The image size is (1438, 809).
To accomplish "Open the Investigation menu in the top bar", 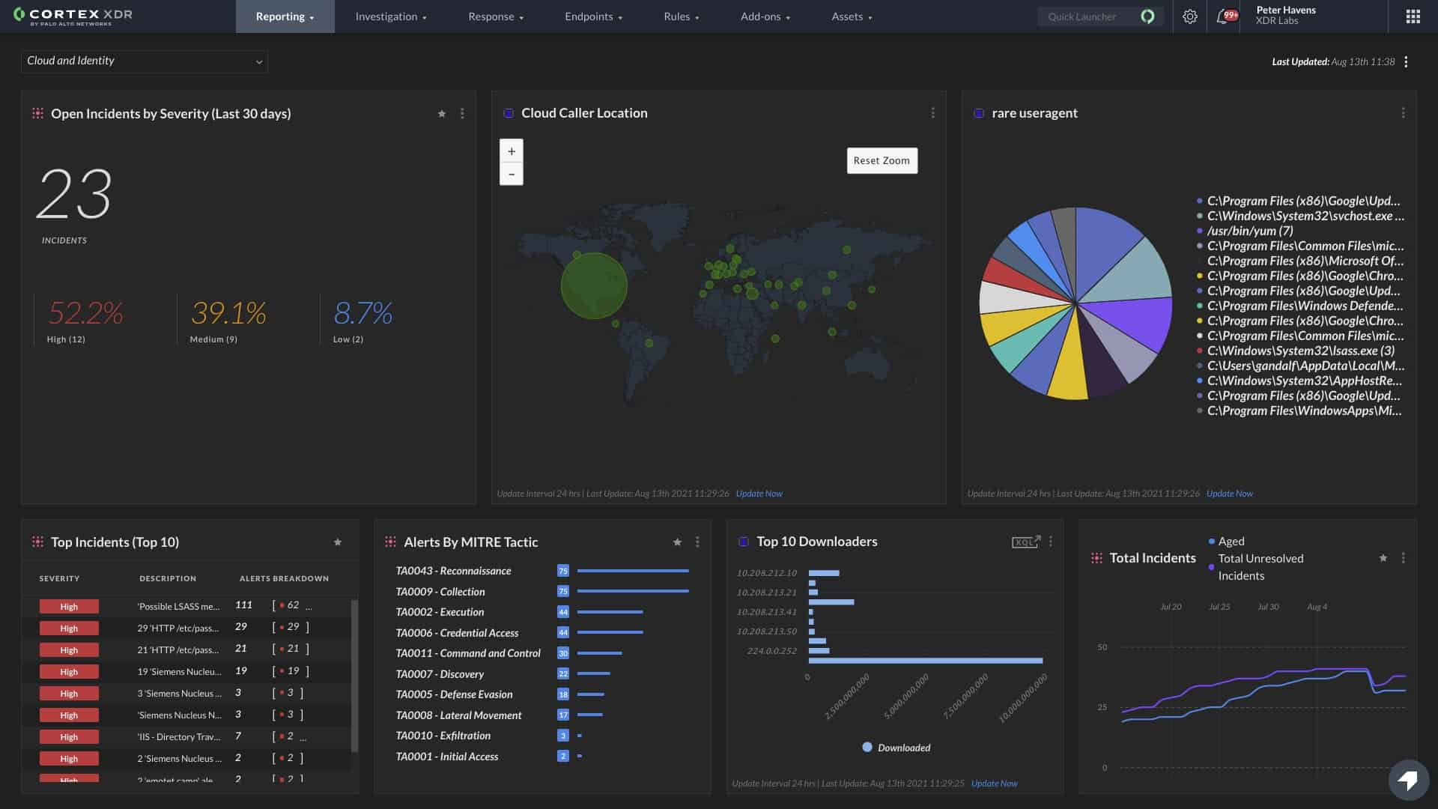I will pos(390,16).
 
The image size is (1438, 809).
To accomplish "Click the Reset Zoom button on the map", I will pos(882,160).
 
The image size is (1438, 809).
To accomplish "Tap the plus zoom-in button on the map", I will pos(512,151).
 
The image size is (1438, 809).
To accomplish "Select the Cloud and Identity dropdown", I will pos(144,61).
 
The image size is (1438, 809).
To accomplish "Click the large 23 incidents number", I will pos(74,194).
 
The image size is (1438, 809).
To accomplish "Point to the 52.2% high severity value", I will pos(85,313).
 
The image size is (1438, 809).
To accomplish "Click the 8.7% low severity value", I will pos(362,313).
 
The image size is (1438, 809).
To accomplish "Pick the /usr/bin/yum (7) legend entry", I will pos(1249,231).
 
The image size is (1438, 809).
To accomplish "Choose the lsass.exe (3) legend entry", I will pos(1300,351).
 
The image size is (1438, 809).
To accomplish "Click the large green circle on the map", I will pos(594,285).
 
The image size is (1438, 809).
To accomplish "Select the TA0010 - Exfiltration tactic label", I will pos(443,736).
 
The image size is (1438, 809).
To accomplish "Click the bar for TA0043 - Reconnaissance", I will pos(632,571).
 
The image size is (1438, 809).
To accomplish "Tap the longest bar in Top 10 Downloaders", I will pos(925,661).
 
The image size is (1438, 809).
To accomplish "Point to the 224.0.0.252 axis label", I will pos(771,651).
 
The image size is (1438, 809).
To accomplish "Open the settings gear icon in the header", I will pos(1189,16).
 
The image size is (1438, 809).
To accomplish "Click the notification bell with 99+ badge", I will pos(1223,16).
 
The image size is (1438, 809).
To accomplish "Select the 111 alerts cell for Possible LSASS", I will pos(243,605).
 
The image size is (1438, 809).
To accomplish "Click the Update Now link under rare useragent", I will pos(1229,494).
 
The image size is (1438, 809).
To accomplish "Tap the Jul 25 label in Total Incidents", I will pos(1219,607).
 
